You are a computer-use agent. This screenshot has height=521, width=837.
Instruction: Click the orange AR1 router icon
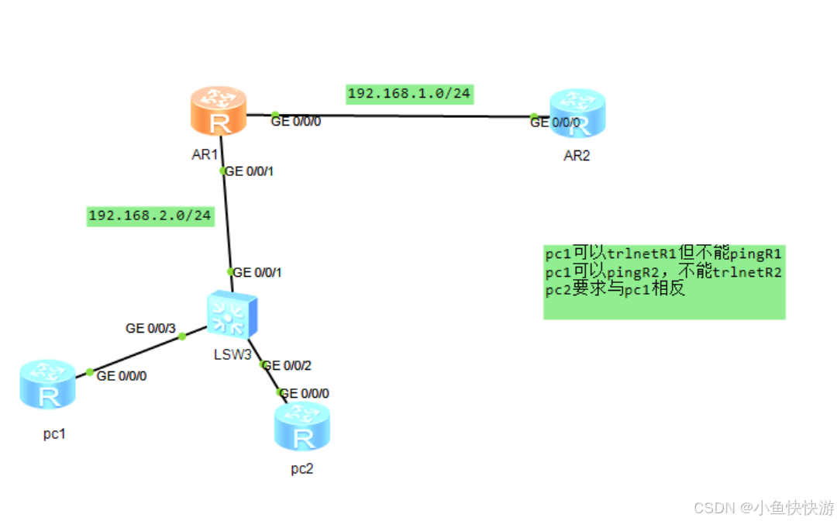point(219,113)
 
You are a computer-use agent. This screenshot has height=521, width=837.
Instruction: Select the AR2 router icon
point(577,115)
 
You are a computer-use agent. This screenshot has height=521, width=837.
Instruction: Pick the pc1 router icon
point(48,385)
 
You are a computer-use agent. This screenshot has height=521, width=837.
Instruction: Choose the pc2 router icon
point(302,427)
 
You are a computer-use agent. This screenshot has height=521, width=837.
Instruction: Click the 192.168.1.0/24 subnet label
point(409,94)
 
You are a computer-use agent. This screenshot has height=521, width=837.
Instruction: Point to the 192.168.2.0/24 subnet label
point(150,216)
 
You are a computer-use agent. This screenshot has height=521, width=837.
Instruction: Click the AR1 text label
point(205,155)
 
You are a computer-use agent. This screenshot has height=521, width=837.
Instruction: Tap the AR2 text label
point(577,156)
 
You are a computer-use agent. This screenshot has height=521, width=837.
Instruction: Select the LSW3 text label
point(232,355)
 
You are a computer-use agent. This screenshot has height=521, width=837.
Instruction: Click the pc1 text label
point(54,434)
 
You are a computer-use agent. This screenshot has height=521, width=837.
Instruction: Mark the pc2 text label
point(302,468)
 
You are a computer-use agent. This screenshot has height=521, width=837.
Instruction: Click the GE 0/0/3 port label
point(150,329)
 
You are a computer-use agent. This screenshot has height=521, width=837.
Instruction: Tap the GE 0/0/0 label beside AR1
point(296,121)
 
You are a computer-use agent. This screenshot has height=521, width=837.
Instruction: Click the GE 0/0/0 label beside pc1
point(122,376)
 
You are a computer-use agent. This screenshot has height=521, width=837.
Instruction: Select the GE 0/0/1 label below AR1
point(249,171)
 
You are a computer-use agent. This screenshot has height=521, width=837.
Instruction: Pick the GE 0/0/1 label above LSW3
point(258,272)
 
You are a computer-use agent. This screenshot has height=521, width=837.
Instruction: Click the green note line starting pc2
point(615,290)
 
